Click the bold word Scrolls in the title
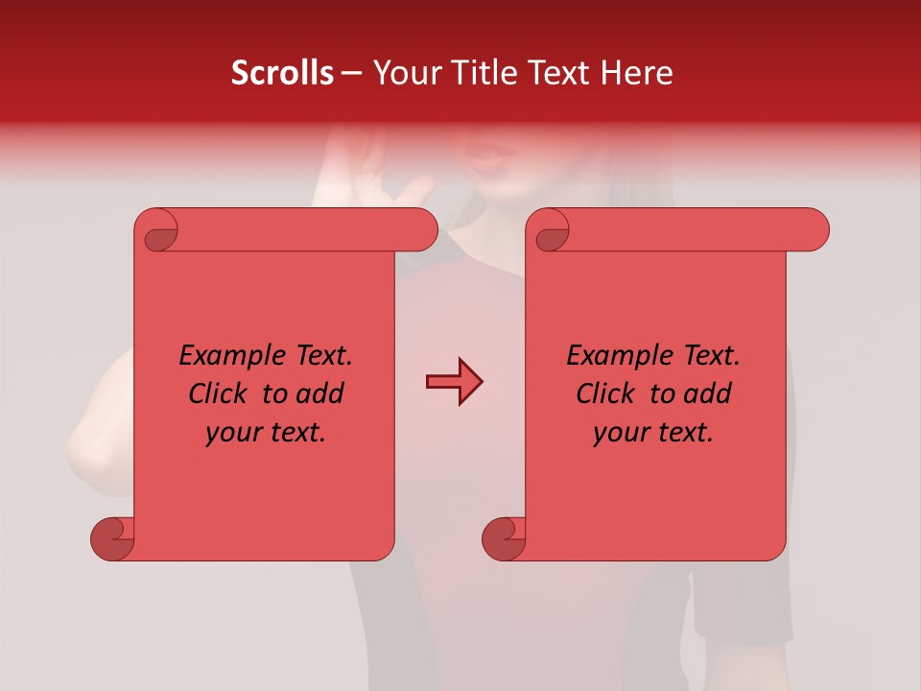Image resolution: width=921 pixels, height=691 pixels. coord(282,72)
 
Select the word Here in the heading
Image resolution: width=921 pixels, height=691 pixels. coord(636,72)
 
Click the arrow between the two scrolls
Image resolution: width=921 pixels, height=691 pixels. coord(454,382)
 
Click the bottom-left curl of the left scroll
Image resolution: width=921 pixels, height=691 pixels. coord(113,538)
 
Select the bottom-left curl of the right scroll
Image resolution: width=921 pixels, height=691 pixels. coord(504,538)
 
